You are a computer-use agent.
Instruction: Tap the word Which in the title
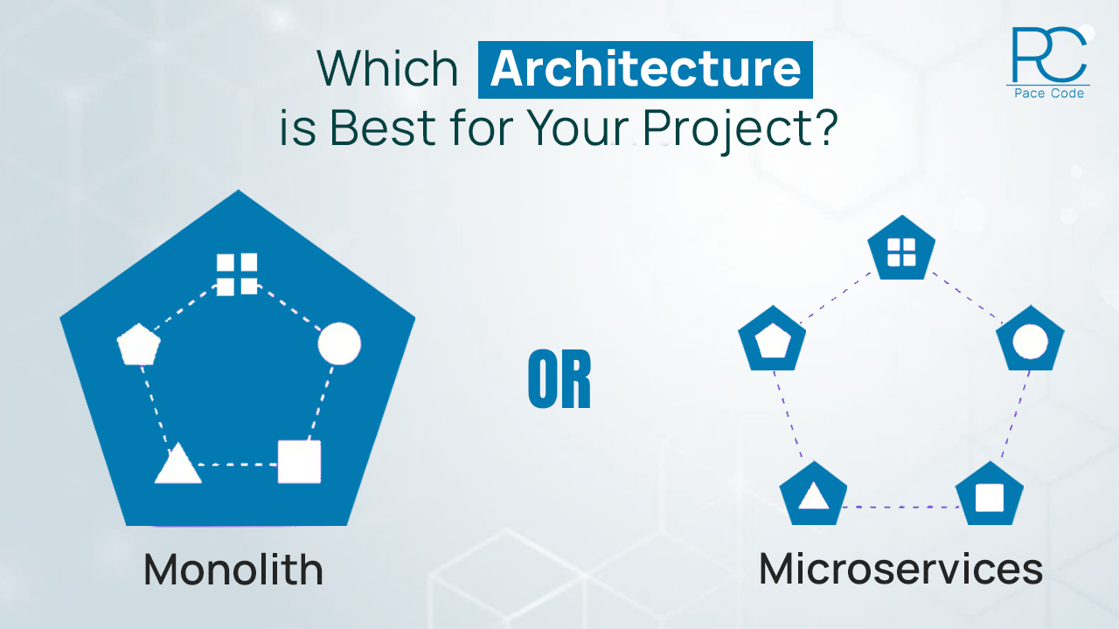(x=387, y=68)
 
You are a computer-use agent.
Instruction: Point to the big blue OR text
(x=559, y=383)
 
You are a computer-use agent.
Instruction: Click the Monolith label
(x=233, y=570)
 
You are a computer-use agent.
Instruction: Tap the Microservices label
(x=900, y=570)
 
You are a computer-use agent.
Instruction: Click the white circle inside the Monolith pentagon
(x=339, y=343)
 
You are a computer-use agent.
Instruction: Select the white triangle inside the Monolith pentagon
(x=177, y=464)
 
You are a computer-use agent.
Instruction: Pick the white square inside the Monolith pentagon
(x=299, y=461)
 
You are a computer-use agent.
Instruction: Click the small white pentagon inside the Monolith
(x=138, y=344)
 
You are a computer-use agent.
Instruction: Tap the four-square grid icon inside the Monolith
(x=237, y=273)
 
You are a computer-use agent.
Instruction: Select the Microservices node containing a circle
(x=1030, y=339)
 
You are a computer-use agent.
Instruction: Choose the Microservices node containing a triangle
(x=813, y=495)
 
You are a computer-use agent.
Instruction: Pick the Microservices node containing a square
(x=989, y=495)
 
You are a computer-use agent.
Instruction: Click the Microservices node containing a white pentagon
(x=772, y=340)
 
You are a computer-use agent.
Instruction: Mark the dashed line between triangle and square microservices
(x=900, y=507)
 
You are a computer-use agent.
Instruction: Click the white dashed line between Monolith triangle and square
(x=238, y=464)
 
